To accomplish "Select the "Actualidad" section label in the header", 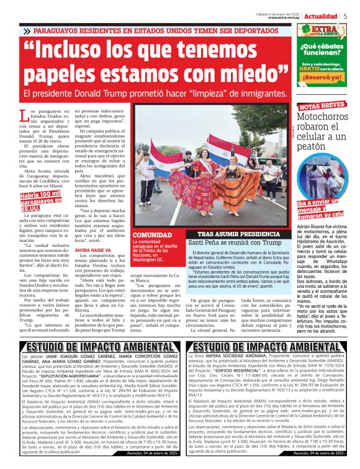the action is (x=322, y=16).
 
